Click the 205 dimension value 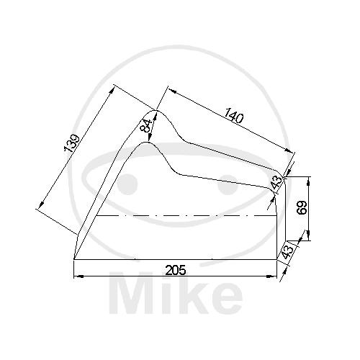(x=176, y=271)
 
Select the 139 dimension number (x=71, y=143)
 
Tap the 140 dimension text (x=234, y=115)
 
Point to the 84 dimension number (x=147, y=125)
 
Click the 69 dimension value (x=302, y=207)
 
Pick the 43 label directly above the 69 (x=276, y=182)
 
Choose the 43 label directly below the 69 (x=287, y=251)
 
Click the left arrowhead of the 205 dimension (x=78, y=276)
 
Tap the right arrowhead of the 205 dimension (x=272, y=276)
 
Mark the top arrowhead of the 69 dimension (x=309, y=181)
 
